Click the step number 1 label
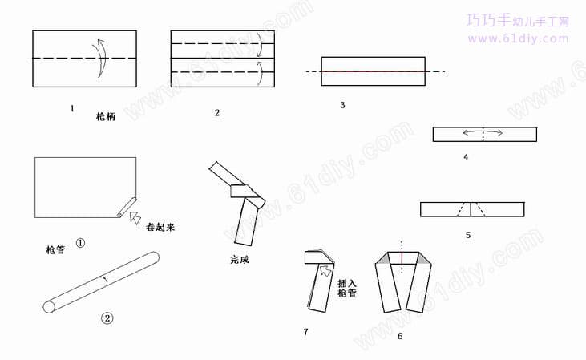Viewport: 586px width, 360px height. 72,109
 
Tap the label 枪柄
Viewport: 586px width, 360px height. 105,117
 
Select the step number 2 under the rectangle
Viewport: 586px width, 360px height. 216,113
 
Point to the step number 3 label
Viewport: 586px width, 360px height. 342,105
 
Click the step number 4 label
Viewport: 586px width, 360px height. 466,157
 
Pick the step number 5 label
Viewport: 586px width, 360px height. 468,235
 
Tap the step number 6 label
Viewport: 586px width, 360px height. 400,337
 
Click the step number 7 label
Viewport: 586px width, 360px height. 305,332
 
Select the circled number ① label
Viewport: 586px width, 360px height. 80,243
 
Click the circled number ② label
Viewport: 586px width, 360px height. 107,318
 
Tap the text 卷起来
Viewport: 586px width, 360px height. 160,227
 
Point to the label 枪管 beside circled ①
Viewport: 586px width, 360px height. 55,249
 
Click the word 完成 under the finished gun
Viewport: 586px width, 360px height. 240,260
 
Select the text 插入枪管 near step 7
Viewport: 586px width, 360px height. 347,288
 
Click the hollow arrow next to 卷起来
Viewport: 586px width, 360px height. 135,217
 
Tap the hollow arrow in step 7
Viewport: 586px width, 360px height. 326,270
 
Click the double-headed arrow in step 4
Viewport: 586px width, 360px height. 483,132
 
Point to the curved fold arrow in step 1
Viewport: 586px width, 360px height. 99,57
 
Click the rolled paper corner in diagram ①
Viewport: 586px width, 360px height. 126,207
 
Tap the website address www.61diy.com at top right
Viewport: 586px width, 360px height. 519,38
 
